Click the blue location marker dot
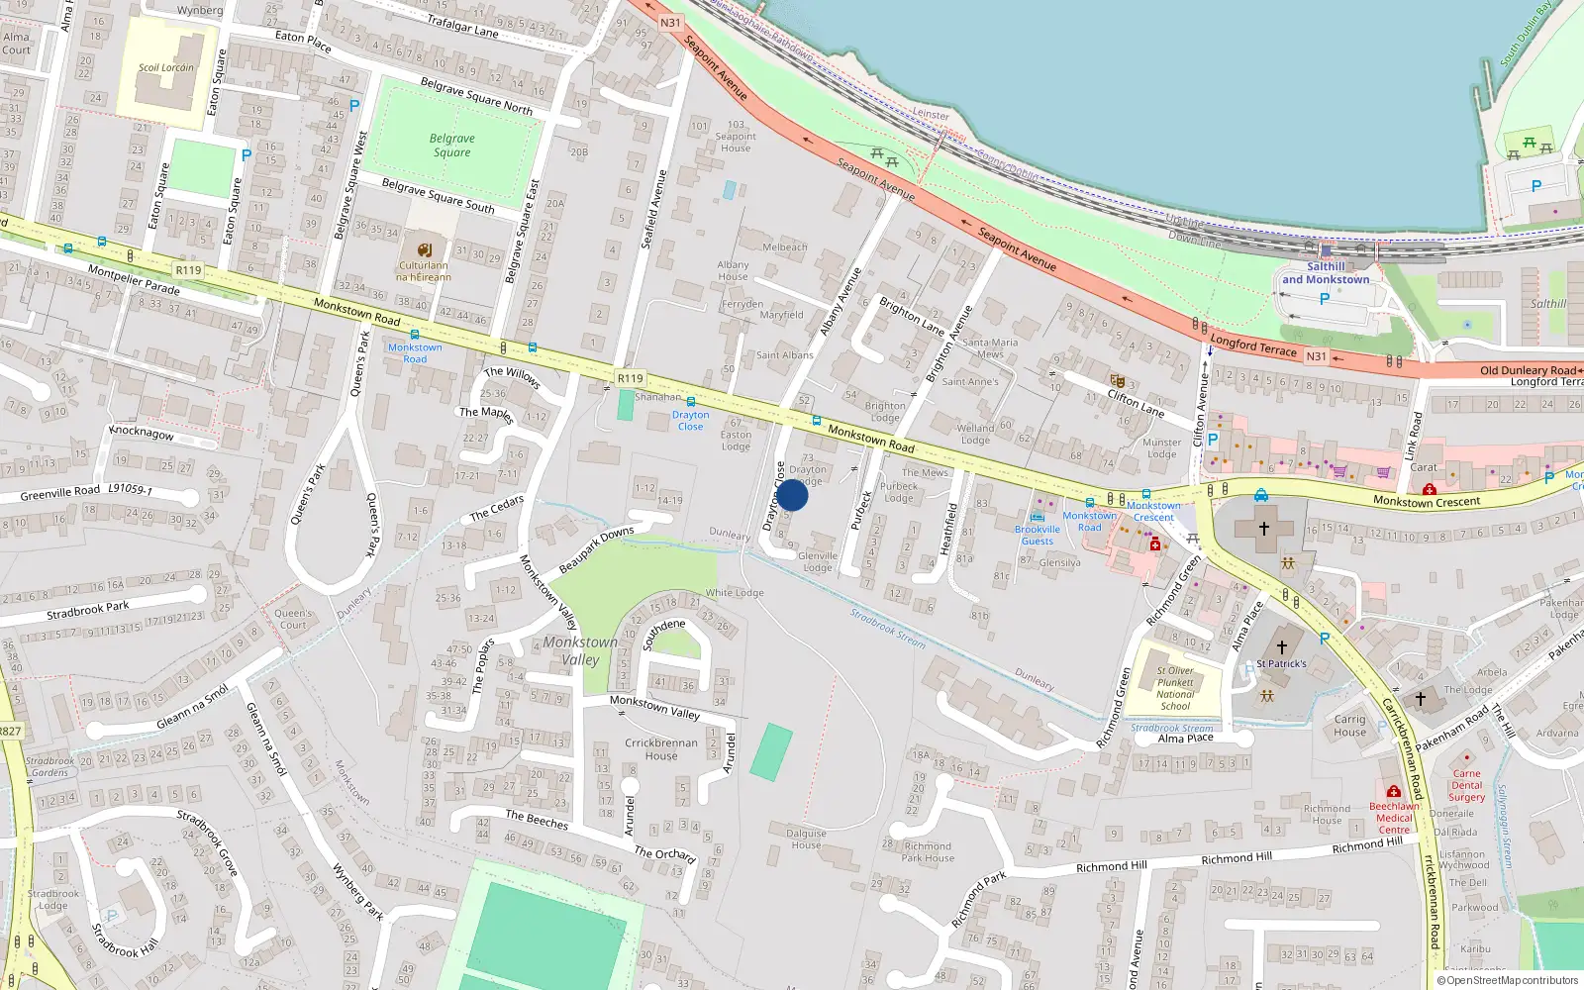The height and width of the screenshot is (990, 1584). (x=792, y=495)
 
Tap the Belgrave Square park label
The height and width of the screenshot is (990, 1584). (x=451, y=146)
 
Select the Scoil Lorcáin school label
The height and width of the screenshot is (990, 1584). (x=166, y=67)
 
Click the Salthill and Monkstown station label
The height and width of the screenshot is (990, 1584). (x=1326, y=273)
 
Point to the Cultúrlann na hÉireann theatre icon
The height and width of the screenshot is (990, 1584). (x=425, y=249)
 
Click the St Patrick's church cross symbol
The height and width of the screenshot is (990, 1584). (x=1282, y=646)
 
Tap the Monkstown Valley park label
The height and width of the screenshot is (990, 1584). (x=580, y=650)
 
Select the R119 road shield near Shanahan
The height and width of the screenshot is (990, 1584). (x=630, y=378)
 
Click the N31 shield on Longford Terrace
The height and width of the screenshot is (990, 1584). (x=1316, y=356)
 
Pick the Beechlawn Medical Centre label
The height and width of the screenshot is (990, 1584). (x=1394, y=818)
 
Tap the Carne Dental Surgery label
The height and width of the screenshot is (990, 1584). (x=1466, y=785)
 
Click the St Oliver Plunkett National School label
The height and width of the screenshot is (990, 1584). (x=1175, y=688)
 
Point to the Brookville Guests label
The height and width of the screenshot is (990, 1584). (x=1038, y=536)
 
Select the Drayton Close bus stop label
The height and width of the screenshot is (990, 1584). (x=690, y=421)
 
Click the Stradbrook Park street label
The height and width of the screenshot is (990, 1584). (x=88, y=610)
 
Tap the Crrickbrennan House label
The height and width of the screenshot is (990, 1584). (x=661, y=748)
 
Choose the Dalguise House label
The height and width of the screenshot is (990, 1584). (x=806, y=839)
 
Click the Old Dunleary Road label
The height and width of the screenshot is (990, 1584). (x=1528, y=370)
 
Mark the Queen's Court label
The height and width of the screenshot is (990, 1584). (x=292, y=619)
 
